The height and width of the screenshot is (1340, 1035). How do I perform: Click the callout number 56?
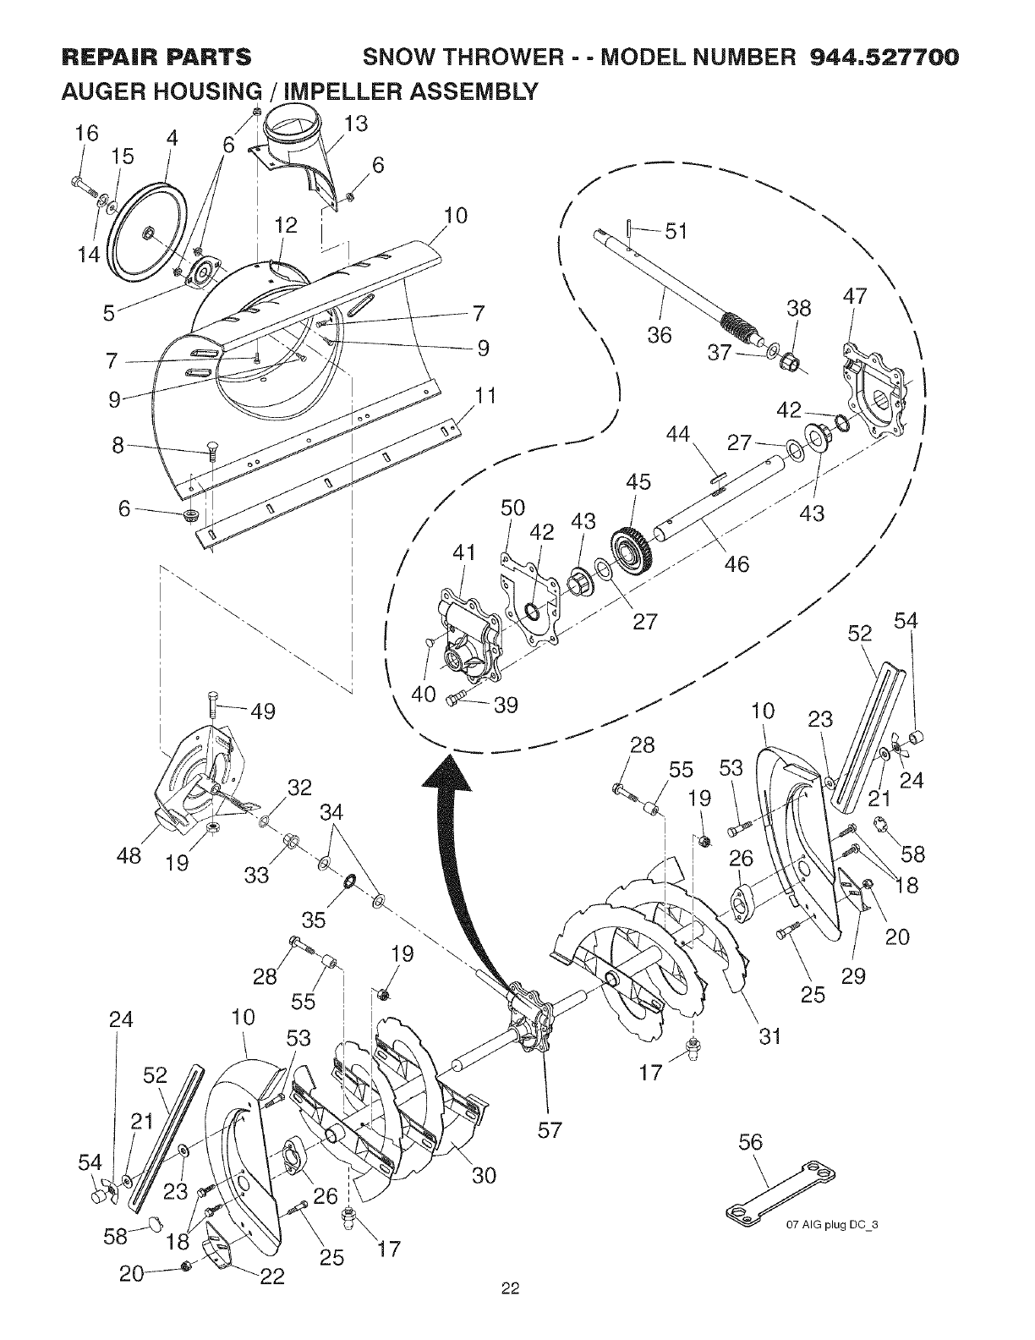750,1143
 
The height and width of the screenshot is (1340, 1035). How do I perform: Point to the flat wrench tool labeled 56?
781,1193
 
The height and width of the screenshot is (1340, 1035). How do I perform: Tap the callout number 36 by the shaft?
660,335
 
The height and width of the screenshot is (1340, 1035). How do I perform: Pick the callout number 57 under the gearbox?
550,1130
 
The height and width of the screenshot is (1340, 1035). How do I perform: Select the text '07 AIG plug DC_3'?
834,1225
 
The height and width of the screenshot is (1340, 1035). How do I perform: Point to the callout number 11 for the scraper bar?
485,397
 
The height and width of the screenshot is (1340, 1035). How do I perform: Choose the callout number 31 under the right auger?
769,1035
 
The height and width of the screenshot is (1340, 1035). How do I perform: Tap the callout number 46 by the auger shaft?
737,563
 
